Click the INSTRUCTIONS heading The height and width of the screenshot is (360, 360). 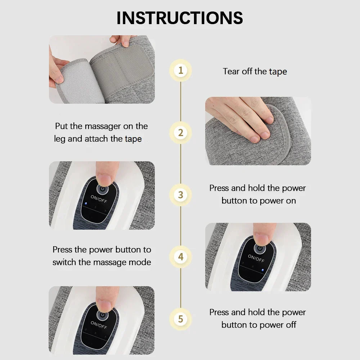(180, 18)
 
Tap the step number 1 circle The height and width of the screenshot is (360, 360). (180, 70)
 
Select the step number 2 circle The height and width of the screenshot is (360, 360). (180, 132)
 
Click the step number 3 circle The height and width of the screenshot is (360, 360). (180, 195)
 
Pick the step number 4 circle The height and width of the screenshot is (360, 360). (180, 257)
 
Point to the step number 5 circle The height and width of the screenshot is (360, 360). (180, 319)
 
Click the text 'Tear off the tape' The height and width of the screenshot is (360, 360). (255, 71)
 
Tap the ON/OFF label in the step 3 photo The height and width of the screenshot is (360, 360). (99, 199)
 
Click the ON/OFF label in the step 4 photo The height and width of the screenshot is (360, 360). (256, 258)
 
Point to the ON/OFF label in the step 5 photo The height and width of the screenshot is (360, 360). (99, 325)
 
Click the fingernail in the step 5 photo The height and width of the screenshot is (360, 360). (105, 306)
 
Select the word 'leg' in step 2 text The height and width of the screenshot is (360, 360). (60, 139)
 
